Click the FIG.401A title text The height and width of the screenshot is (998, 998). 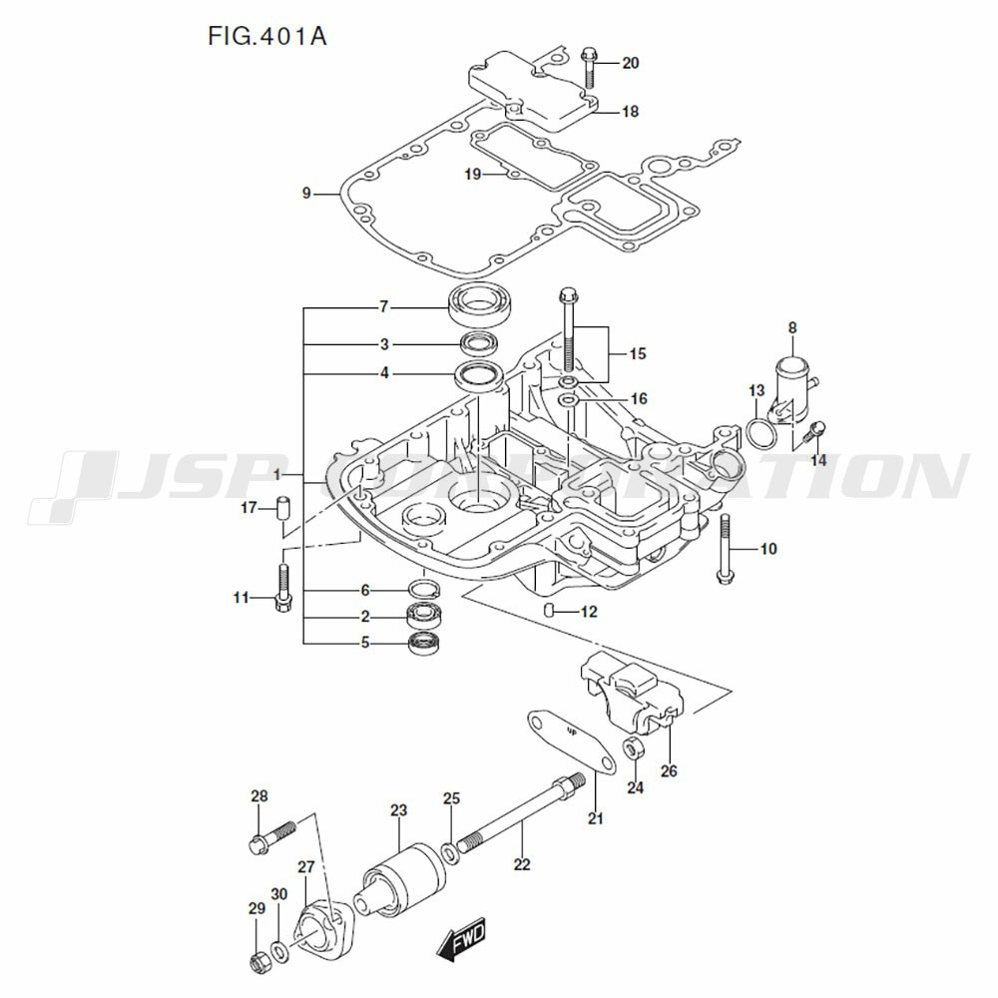click(x=267, y=36)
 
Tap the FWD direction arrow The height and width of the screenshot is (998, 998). click(x=461, y=937)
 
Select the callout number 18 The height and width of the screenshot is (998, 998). click(x=630, y=112)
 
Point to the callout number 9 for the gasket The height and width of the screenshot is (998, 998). click(x=306, y=194)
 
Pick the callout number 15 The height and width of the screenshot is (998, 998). click(x=638, y=353)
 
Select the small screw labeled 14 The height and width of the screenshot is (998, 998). click(x=816, y=430)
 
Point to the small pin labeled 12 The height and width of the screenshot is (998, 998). click(x=550, y=610)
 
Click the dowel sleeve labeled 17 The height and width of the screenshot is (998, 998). click(x=282, y=507)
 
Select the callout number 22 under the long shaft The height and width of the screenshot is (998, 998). click(x=521, y=864)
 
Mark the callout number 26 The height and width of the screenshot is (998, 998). click(x=669, y=770)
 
